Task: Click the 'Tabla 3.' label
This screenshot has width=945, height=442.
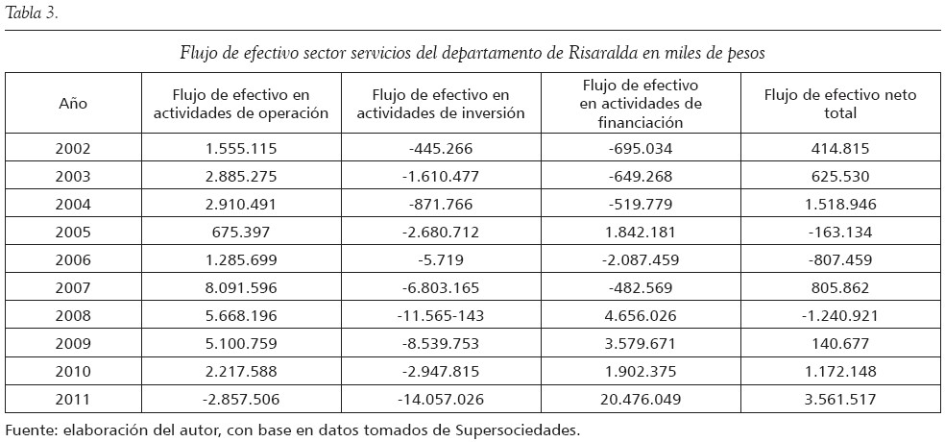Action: pyautogui.click(x=32, y=12)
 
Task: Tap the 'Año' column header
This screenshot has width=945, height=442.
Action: pyautogui.click(x=73, y=103)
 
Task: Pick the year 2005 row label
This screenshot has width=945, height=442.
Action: pyautogui.click(x=73, y=231)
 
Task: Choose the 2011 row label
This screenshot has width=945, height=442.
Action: pyautogui.click(x=73, y=398)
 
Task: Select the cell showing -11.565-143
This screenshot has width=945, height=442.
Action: pyautogui.click(x=441, y=314)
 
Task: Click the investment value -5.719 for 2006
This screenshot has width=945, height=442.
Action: pyautogui.click(x=441, y=258)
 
